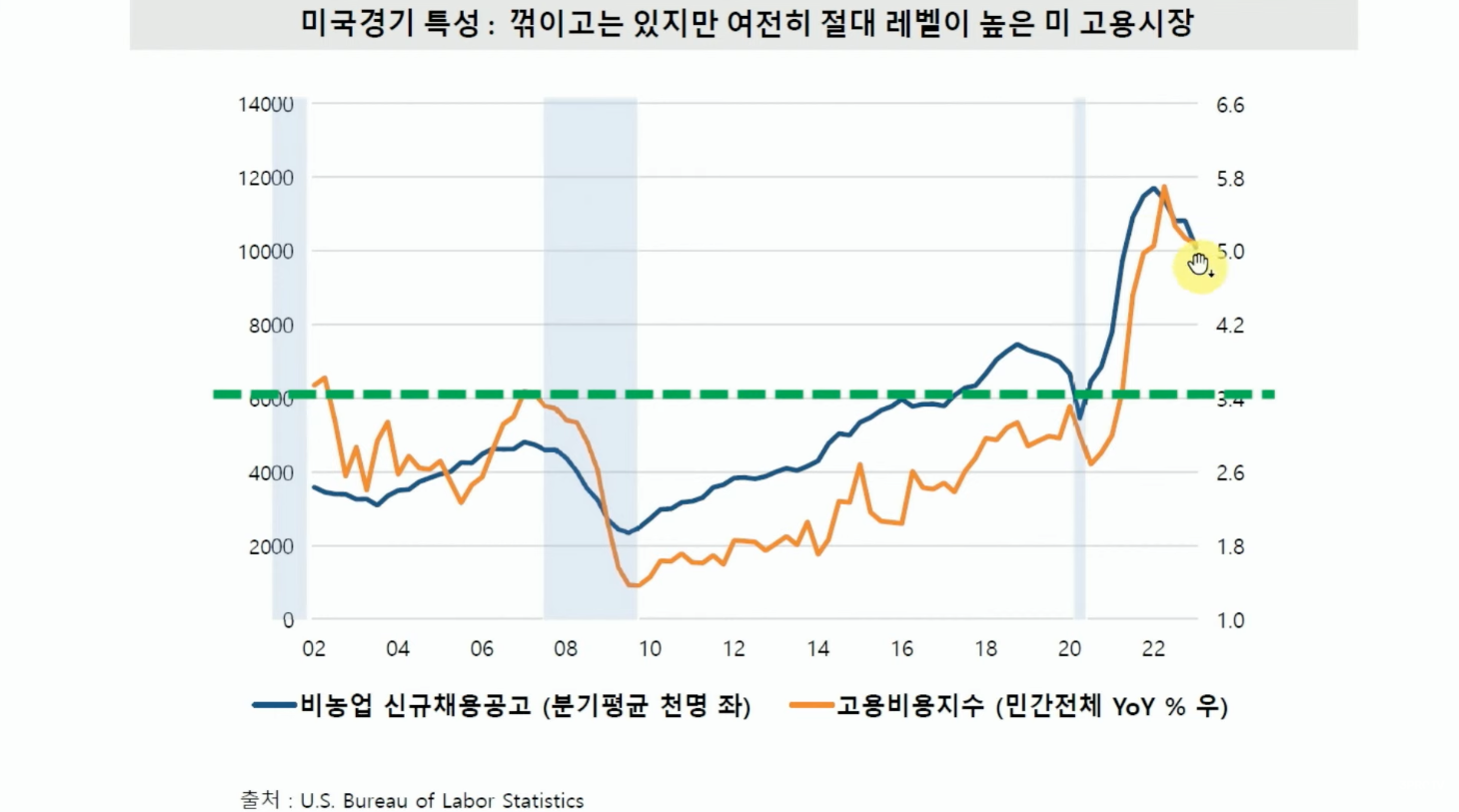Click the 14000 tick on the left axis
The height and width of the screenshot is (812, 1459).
coord(266,104)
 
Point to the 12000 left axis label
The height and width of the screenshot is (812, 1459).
coord(266,178)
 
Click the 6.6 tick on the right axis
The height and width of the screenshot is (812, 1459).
coord(1230,105)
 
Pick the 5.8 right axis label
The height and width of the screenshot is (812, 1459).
coord(1230,179)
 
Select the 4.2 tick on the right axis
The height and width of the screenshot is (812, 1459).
coord(1230,326)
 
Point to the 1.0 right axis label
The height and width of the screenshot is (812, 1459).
coord(1230,620)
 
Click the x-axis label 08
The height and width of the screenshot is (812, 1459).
coord(566,649)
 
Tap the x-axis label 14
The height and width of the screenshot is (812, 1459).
coord(818,649)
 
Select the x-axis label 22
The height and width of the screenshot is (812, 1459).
coord(1153,649)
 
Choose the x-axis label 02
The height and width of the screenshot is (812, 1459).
coord(314,649)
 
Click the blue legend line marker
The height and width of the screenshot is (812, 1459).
coord(275,705)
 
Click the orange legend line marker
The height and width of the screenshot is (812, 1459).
coord(811,705)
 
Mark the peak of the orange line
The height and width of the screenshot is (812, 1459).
coord(1164,187)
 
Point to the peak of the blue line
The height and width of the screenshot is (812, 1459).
coord(1154,188)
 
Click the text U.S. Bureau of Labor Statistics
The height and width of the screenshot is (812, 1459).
coord(442,801)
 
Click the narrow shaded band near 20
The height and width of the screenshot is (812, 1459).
coord(1079,360)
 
